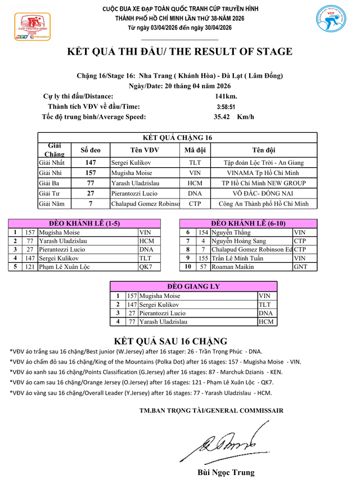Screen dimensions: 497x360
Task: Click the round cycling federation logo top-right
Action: pyautogui.click(x=331, y=23)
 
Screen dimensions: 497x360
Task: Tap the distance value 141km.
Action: pyautogui.click(x=226, y=96)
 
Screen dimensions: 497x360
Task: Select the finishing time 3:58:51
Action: pyautogui.click(x=226, y=106)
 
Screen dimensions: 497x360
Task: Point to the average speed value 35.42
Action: pyautogui.click(x=223, y=117)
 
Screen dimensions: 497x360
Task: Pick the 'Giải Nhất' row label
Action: pyautogui.click(x=52, y=163)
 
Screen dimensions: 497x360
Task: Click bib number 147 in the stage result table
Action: pyautogui.click(x=91, y=163)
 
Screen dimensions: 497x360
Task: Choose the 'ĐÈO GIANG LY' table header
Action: pyautogui.click(x=193, y=286)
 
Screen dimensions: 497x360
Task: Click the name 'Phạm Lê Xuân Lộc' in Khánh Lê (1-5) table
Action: pyautogui.click(x=64, y=267)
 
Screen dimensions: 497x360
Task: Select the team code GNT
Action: pyautogui.click(x=300, y=267)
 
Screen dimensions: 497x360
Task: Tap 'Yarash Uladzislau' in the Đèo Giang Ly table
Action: pyautogui.click(x=163, y=322)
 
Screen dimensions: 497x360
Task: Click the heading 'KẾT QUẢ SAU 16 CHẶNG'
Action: pyautogui.click(x=170, y=341)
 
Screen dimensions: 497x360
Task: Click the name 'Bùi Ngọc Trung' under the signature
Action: pyautogui.click(x=226, y=472)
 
